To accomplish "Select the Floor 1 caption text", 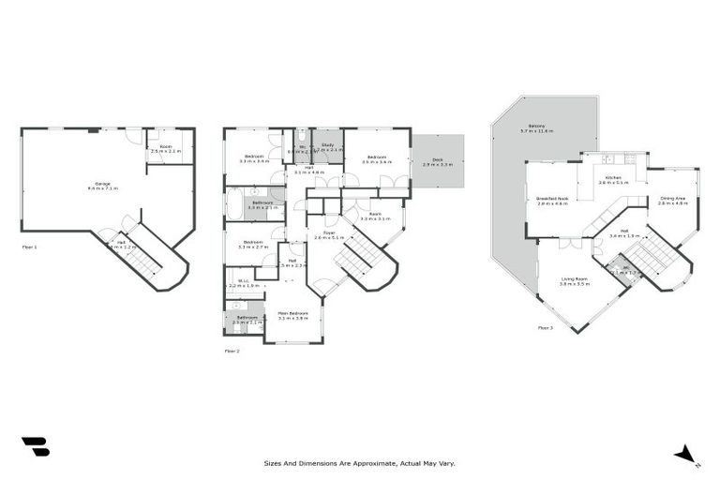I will (x=29, y=247).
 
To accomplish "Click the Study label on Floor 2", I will (x=327, y=145).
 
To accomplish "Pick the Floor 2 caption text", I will (x=232, y=352).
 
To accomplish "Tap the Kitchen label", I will (x=613, y=177).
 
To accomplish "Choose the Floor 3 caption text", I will (x=546, y=328).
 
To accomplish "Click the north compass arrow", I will (x=687, y=455).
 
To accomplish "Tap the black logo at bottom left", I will (x=36, y=447).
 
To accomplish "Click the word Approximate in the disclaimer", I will (x=372, y=463).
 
